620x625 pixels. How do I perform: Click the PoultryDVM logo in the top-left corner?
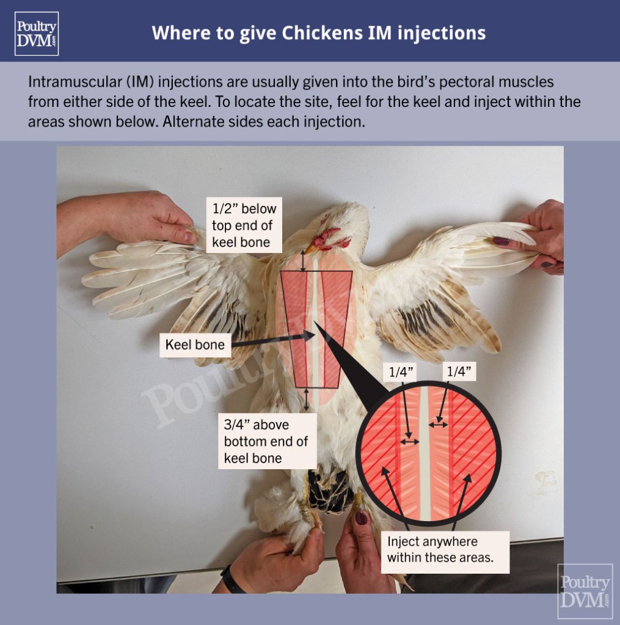tap(37, 34)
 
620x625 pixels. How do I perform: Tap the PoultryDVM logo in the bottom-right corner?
tap(585, 591)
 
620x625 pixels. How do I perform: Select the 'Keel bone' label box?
tap(195, 345)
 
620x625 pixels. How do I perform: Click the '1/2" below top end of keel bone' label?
tap(244, 225)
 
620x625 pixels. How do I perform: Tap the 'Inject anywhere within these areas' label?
tap(444, 550)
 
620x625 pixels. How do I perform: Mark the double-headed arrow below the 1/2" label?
tap(304, 261)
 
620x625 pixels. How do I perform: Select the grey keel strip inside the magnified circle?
tap(425, 452)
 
